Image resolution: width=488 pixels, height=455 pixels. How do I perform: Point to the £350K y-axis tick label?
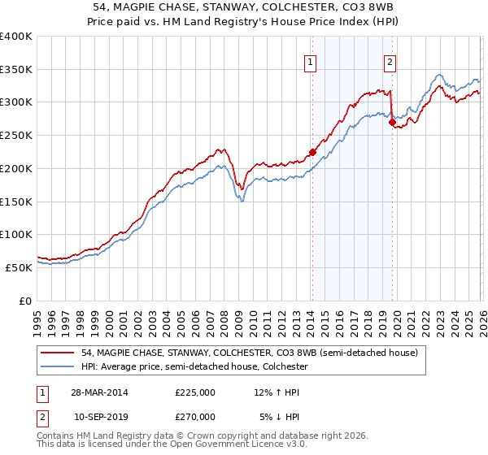16,70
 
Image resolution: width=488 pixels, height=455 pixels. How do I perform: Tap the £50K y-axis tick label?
19,267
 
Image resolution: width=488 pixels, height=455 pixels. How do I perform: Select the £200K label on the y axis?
16,168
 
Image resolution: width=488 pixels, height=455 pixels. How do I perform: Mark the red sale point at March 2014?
312,152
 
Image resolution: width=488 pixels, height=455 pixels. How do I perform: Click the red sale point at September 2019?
391,123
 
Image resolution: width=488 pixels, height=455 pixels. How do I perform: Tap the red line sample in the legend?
59,353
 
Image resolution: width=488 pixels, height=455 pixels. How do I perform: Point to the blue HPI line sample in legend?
59,367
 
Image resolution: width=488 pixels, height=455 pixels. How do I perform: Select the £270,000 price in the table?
195,416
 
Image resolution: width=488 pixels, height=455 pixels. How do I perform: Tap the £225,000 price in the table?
195,392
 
